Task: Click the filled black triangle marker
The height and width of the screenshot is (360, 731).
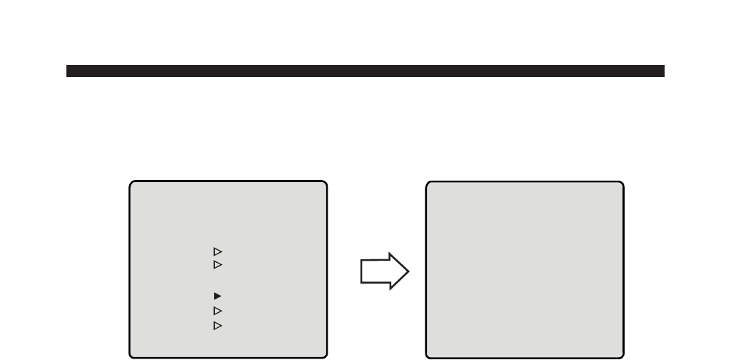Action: [x=218, y=295]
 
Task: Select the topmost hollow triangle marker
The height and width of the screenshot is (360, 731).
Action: [x=218, y=251]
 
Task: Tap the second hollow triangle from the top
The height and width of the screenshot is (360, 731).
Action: [x=218, y=265]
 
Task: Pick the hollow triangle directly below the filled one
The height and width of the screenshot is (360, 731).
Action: [x=218, y=311]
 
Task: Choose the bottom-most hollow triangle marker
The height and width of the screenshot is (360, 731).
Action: [x=218, y=326]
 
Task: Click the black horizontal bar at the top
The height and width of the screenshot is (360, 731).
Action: [x=365, y=71]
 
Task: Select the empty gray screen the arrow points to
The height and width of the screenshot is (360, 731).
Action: [x=525, y=269]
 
